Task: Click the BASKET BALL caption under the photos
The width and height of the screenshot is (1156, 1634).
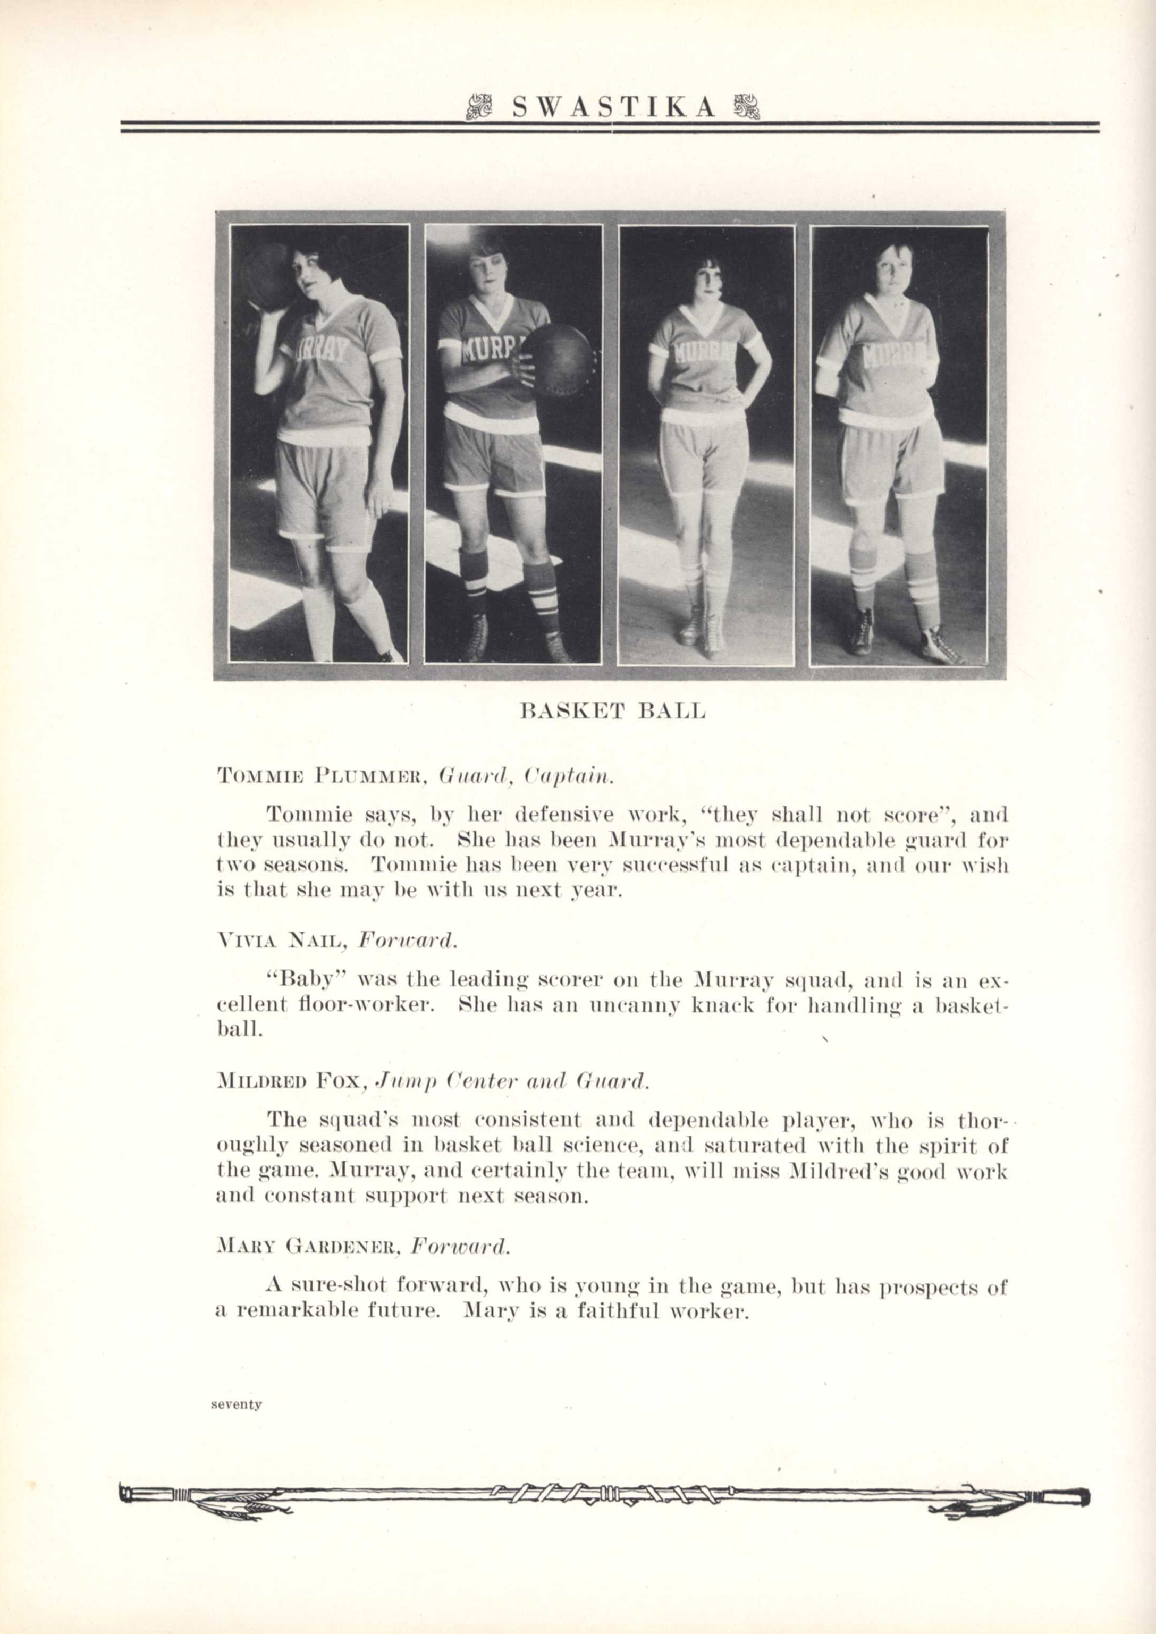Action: pyautogui.click(x=613, y=711)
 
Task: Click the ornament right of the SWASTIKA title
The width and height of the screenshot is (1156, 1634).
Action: pyautogui.click(x=745, y=107)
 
